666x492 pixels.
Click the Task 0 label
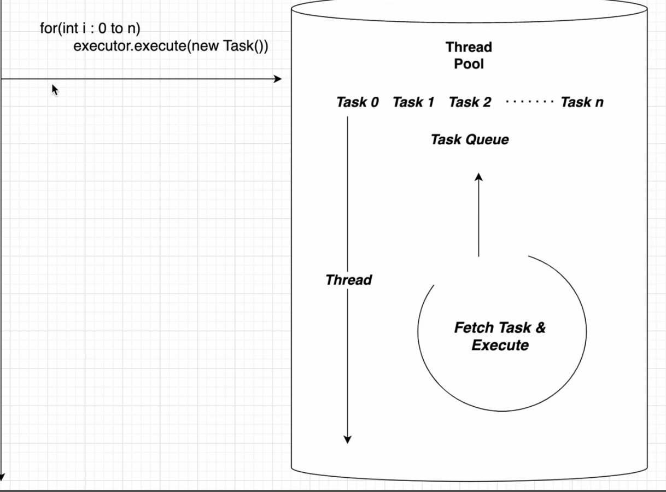(357, 102)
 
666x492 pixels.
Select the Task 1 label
(413, 102)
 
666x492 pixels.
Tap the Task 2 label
(470, 102)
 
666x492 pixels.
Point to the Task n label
(582, 102)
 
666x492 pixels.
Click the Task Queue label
(470, 139)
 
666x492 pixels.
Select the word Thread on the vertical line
(349, 280)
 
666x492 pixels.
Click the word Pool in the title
(469, 64)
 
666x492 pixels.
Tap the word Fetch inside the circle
(474, 327)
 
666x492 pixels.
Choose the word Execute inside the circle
(500, 345)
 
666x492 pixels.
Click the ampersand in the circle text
(540, 327)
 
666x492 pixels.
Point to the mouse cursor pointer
(55, 90)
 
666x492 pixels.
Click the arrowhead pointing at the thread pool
(277, 79)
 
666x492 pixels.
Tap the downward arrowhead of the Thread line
(347, 440)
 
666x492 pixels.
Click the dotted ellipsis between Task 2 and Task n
(529, 102)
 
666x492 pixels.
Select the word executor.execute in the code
(130, 46)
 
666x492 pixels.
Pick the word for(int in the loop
(59, 28)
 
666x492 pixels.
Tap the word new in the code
(205, 46)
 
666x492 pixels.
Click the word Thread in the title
(469, 47)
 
